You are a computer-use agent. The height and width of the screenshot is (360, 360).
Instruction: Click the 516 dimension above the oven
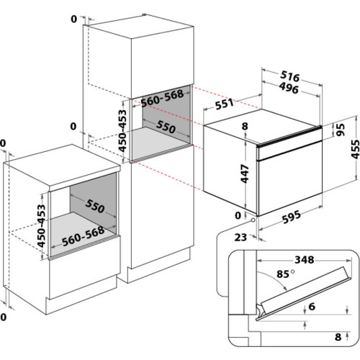pyautogui.click(x=290, y=76)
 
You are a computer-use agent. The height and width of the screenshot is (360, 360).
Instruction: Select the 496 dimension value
pyautogui.click(x=289, y=88)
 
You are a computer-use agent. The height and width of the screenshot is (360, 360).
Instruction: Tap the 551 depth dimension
pyautogui.click(x=224, y=104)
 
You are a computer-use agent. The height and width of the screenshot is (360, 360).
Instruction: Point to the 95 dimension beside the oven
pyautogui.click(x=340, y=130)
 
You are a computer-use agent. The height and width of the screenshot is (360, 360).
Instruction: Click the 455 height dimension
pyautogui.click(x=355, y=149)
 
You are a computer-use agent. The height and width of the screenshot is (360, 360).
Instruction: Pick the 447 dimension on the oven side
pyautogui.click(x=245, y=174)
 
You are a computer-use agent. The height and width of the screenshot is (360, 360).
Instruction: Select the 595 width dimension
pyautogui.click(x=291, y=217)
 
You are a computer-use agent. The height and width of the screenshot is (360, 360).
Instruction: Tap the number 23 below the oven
pyautogui.click(x=240, y=238)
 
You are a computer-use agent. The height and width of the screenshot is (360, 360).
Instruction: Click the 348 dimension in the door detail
pyautogui.click(x=305, y=259)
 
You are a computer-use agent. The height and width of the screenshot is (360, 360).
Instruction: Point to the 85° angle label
pyautogui.click(x=286, y=274)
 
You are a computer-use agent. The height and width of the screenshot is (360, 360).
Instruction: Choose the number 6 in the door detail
pyautogui.click(x=312, y=306)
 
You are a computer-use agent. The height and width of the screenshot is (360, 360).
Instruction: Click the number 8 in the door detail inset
pyautogui.click(x=338, y=337)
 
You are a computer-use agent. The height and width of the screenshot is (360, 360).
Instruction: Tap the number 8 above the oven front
pyautogui.click(x=245, y=126)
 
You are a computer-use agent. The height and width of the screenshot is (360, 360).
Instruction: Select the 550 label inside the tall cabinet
pyautogui.click(x=166, y=127)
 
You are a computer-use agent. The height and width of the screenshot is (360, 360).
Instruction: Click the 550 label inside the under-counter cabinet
pyautogui.click(x=95, y=206)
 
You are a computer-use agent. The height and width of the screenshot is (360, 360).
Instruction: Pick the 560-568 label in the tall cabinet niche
pyautogui.click(x=162, y=98)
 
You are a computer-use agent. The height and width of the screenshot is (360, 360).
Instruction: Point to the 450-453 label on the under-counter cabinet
pyautogui.click(x=41, y=225)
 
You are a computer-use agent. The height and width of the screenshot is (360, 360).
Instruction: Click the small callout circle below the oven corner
pyautogui.click(x=253, y=220)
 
